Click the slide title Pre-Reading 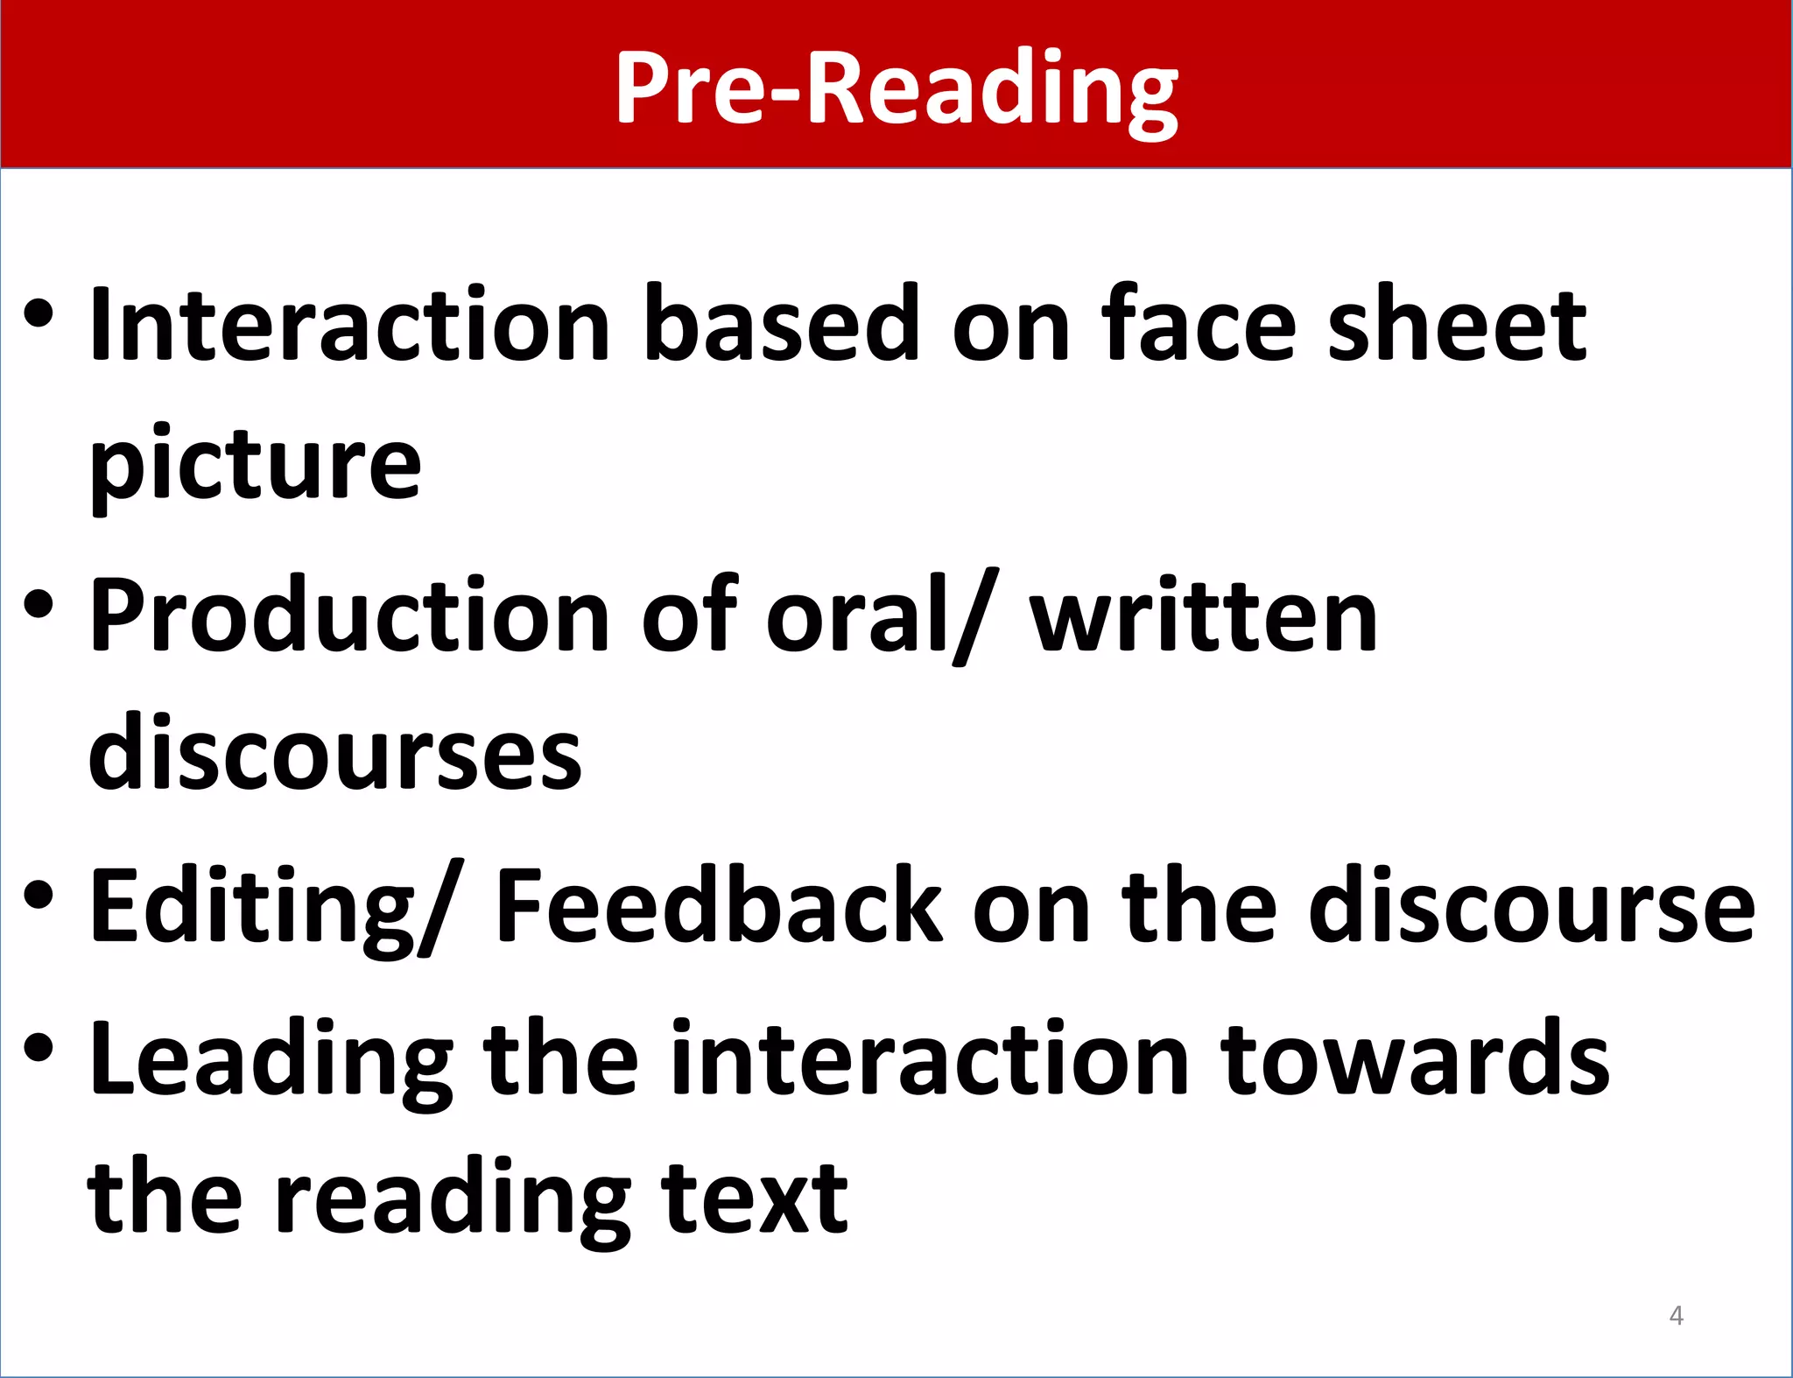point(896,88)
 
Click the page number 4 point(1676,1315)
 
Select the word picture point(255,464)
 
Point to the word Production point(349,617)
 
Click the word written point(1203,617)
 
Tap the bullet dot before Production point(39,604)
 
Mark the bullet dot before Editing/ point(39,895)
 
